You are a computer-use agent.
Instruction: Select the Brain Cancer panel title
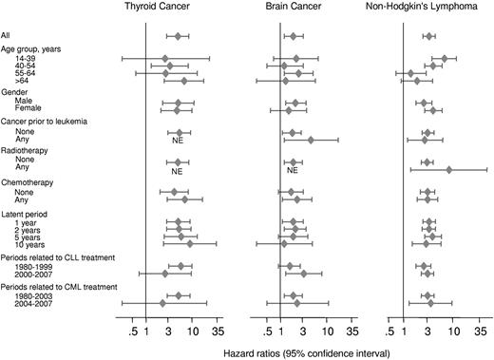coord(294,9)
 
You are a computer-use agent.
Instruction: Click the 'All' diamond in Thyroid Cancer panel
coord(178,37)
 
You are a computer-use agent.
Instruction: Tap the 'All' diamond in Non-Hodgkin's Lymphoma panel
coord(429,37)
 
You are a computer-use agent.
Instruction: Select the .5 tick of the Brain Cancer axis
coord(270,332)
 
